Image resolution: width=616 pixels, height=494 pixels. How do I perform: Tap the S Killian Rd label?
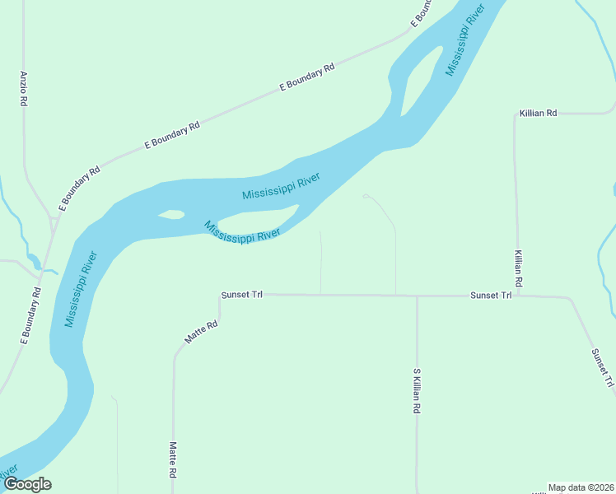417,390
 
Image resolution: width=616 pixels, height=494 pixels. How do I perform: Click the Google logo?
26,484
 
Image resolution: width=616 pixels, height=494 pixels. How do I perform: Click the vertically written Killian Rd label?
518,268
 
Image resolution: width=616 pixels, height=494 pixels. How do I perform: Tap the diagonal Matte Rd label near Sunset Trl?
201,332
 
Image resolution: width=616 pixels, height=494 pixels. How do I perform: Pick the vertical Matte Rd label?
173,460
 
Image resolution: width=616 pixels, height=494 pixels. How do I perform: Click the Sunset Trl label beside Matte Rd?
241,294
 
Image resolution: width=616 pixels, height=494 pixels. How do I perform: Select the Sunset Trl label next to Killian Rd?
491,295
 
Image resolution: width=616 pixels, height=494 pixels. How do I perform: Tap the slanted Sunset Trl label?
602,367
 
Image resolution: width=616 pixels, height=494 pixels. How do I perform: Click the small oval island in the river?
171,215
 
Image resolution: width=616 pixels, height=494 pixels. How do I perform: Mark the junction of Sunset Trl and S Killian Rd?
417,295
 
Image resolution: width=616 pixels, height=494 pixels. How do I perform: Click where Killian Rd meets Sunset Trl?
517,295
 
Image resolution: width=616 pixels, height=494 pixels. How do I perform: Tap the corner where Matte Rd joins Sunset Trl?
220,295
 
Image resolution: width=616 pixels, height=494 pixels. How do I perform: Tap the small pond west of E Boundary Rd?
34,261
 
